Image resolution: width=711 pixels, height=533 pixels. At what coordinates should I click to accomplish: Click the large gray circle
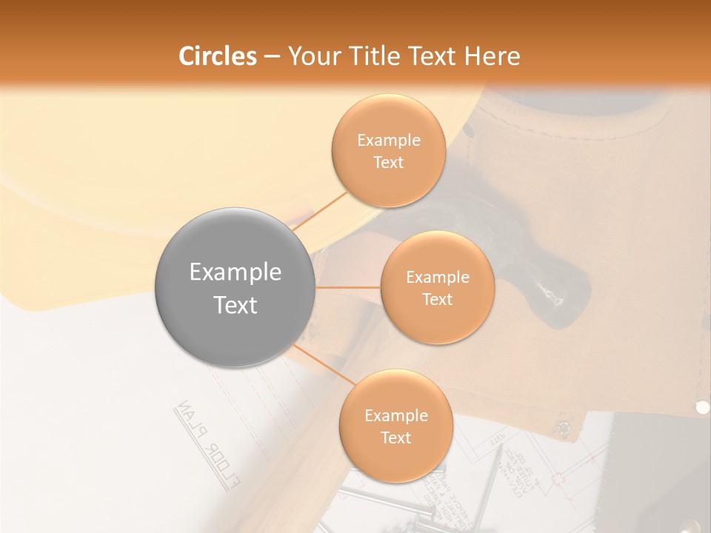(x=235, y=287)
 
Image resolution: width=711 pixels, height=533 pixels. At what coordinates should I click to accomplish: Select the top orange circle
(x=388, y=150)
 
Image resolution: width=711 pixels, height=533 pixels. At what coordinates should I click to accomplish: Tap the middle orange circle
(x=437, y=287)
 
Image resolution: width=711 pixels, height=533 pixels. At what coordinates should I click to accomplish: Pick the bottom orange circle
(x=395, y=426)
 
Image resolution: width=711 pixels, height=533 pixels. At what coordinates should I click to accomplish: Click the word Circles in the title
(x=217, y=56)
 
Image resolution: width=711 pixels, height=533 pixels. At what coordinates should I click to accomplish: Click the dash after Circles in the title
(x=271, y=57)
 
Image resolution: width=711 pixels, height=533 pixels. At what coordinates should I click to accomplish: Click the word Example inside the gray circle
(x=236, y=272)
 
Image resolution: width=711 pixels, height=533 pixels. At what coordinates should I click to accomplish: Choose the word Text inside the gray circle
(x=236, y=305)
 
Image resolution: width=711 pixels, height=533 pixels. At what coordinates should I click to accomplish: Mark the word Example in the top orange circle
(x=389, y=140)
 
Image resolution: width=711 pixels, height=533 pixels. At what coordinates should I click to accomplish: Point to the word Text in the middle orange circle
(x=437, y=299)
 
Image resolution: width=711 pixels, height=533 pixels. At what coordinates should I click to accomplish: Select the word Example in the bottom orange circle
(x=396, y=415)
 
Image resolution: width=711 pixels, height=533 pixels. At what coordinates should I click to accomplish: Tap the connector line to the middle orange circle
(x=347, y=287)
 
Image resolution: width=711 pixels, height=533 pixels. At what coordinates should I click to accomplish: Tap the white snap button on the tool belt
(x=702, y=407)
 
